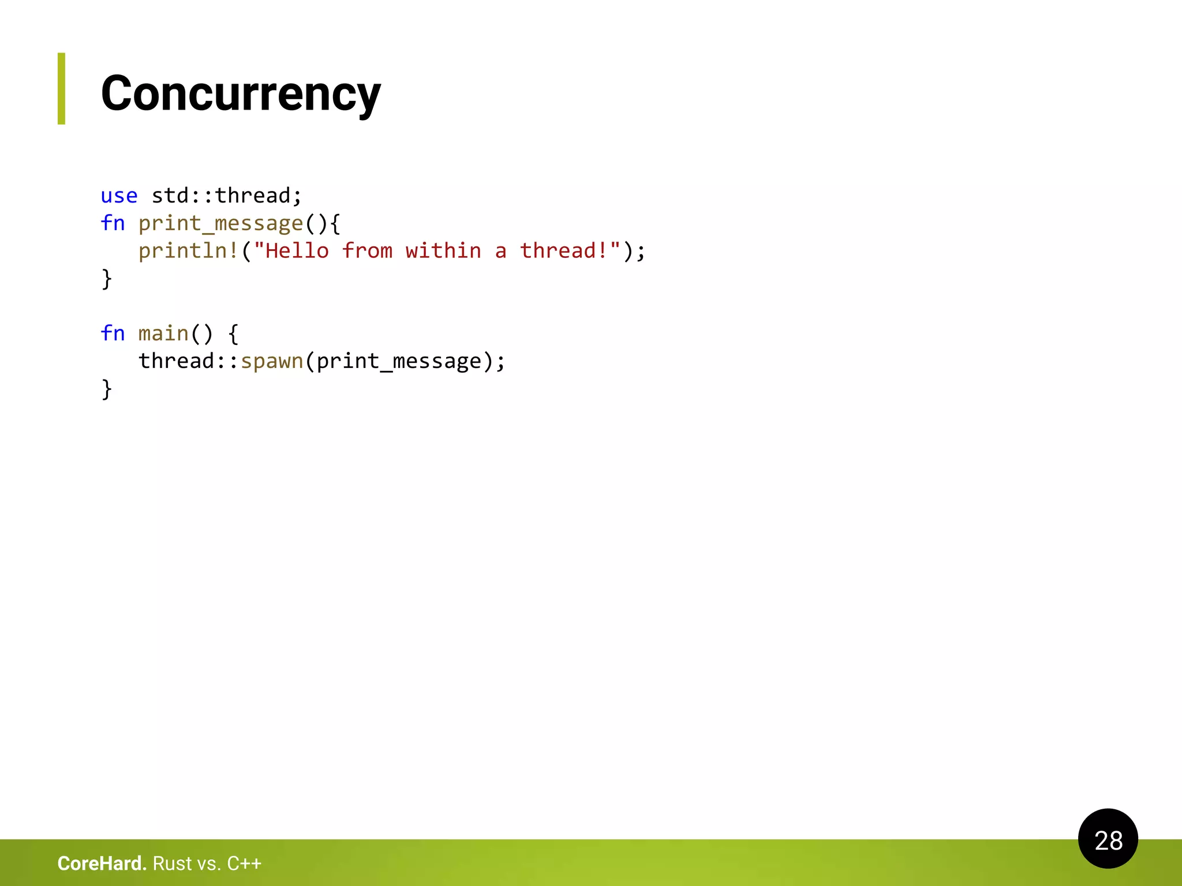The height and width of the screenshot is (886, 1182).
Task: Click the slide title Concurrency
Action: click(241, 93)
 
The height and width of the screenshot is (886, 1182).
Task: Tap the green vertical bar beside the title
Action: click(61, 88)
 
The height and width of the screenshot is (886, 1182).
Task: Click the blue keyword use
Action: click(119, 196)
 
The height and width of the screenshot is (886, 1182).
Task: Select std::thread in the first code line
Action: click(220, 196)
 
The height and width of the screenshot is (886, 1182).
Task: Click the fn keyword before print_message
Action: click(113, 223)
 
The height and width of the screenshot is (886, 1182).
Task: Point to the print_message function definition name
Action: click(220, 223)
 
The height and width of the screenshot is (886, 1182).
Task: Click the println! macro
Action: click(189, 251)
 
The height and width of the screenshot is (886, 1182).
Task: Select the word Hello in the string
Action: click(297, 251)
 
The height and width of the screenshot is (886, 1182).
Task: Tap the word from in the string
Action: click(366, 251)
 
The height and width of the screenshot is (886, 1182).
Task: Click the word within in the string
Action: click(443, 251)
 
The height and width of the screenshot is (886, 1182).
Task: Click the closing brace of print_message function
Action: click(107, 279)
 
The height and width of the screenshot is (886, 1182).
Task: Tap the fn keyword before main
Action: click(113, 333)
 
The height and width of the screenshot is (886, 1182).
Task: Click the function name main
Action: click(163, 333)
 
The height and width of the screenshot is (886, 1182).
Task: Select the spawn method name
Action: click(271, 361)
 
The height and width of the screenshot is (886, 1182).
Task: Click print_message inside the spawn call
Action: click(398, 361)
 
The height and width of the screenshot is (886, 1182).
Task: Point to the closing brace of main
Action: click(107, 389)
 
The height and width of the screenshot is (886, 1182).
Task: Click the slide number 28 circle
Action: click(1108, 839)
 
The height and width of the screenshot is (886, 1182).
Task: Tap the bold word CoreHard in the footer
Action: click(102, 864)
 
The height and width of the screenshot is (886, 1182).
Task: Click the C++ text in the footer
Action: click(244, 864)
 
